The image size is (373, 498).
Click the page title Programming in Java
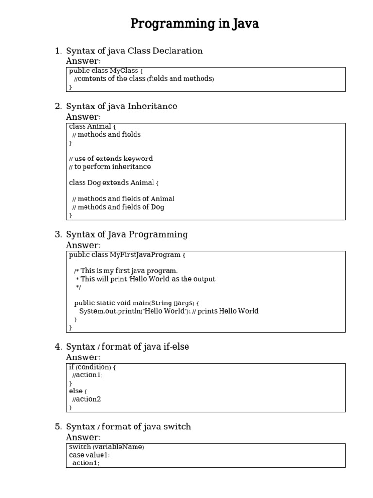tap(194, 24)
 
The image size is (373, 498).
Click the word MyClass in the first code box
tap(124, 71)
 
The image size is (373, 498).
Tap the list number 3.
tap(58, 234)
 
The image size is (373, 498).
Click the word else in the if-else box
tap(76, 391)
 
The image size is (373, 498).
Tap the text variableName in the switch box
tap(118, 447)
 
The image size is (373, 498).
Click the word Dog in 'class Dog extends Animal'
tap(94, 183)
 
